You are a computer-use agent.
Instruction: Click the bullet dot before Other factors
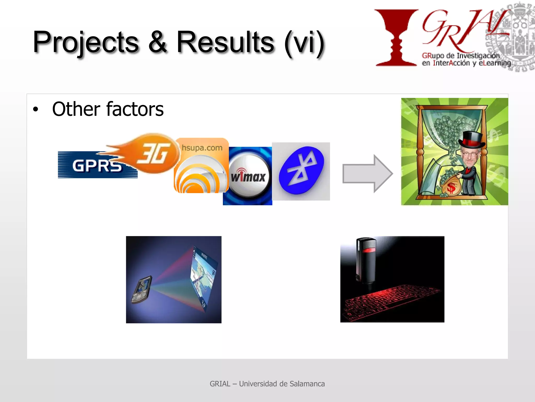pyautogui.click(x=36, y=109)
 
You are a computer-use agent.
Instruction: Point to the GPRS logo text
pyautogui.click(x=97, y=166)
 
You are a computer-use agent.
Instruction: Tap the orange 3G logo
pyautogui.click(x=154, y=154)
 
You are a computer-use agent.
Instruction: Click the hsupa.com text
pyautogui.click(x=202, y=148)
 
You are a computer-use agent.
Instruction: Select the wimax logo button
pyautogui.click(x=248, y=177)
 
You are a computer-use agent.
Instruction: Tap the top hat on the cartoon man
pyautogui.click(x=472, y=140)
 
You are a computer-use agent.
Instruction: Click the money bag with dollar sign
pyautogui.click(x=451, y=186)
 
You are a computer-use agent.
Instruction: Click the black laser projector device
pyautogui.click(x=366, y=260)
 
